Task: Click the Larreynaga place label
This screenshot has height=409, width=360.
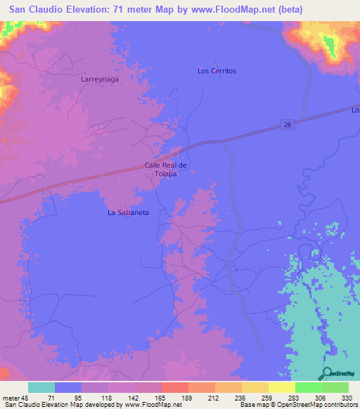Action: [x=99, y=80]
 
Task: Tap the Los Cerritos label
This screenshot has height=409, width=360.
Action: [x=217, y=71]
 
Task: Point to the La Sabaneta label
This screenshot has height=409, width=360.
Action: [x=128, y=212]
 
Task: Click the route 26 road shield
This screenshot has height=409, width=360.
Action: [x=288, y=124]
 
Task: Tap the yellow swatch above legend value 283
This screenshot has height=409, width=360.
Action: [x=281, y=387]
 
